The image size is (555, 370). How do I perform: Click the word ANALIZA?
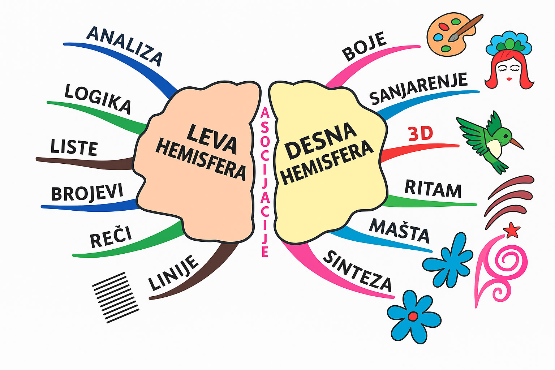coord(125,46)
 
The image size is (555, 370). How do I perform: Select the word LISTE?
coord(74,147)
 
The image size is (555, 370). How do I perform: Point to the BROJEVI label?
coord(87,193)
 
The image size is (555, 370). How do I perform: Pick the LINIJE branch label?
coord(173,272)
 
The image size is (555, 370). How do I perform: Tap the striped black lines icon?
coord(116,297)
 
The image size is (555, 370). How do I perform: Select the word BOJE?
coord(364,46)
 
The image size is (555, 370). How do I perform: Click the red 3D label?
coord(421,134)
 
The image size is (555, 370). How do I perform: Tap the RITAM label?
coord(433,189)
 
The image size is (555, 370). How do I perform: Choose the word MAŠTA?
coord(399,231)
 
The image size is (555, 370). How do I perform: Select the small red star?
coord(512,230)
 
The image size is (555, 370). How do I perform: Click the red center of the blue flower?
coord(413,317)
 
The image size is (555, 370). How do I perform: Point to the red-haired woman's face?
coord(509,71)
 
